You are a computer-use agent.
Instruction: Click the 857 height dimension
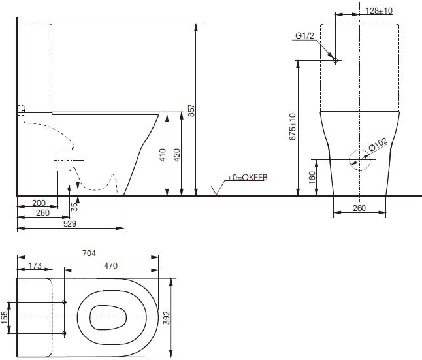pyautogui.click(x=191, y=110)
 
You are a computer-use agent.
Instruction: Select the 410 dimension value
pyautogui.click(x=163, y=155)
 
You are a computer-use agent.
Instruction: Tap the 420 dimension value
pyautogui.click(x=177, y=155)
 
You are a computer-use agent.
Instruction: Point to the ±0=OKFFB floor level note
pyautogui.click(x=248, y=178)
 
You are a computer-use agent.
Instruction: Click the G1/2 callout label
pyautogui.click(x=304, y=35)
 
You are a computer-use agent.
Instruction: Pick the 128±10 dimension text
pyautogui.click(x=379, y=11)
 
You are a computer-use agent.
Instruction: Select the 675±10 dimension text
pyautogui.click(x=292, y=127)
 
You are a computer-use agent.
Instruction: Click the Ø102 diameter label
pyautogui.click(x=378, y=144)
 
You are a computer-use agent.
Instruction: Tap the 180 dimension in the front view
pyautogui.click(x=312, y=178)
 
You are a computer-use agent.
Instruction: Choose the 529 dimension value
pyautogui.click(x=70, y=223)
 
